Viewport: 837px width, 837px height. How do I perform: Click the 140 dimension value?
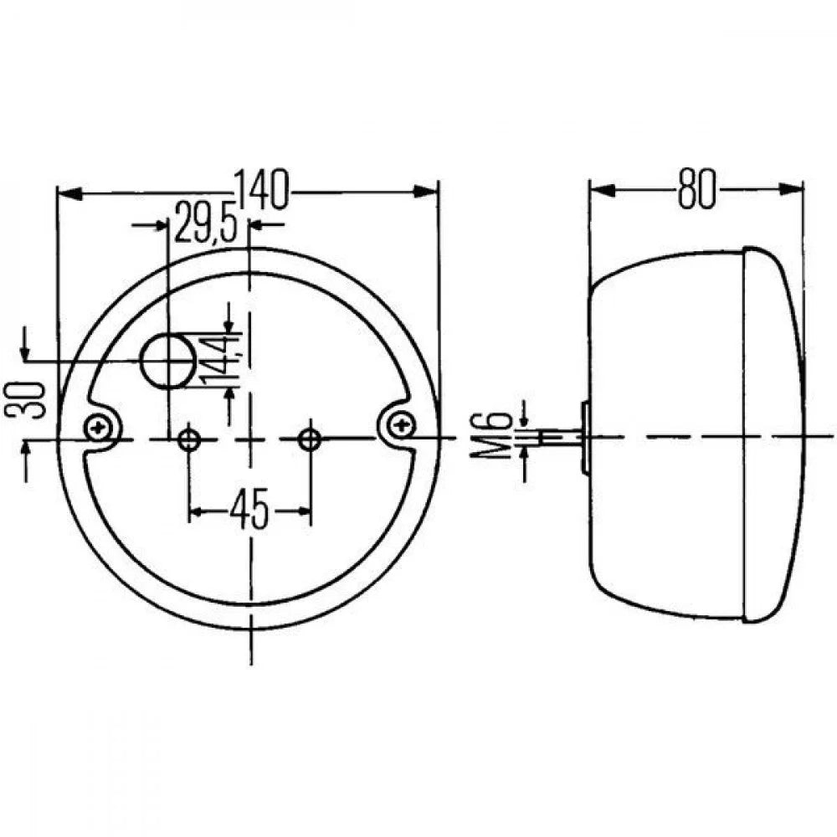[261, 191]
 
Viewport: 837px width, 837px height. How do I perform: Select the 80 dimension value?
[696, 189]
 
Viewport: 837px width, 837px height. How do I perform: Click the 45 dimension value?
[249, 511]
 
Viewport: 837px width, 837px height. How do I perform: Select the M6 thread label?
[498, 435]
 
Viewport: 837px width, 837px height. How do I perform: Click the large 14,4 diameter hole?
[168, 362]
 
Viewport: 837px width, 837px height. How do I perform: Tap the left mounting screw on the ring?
[101, 429]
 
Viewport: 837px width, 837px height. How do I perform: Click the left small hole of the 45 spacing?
[190, 439]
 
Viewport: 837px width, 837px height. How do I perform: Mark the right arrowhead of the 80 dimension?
[790, 189]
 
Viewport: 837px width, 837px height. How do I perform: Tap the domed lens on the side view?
[774, 435]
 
